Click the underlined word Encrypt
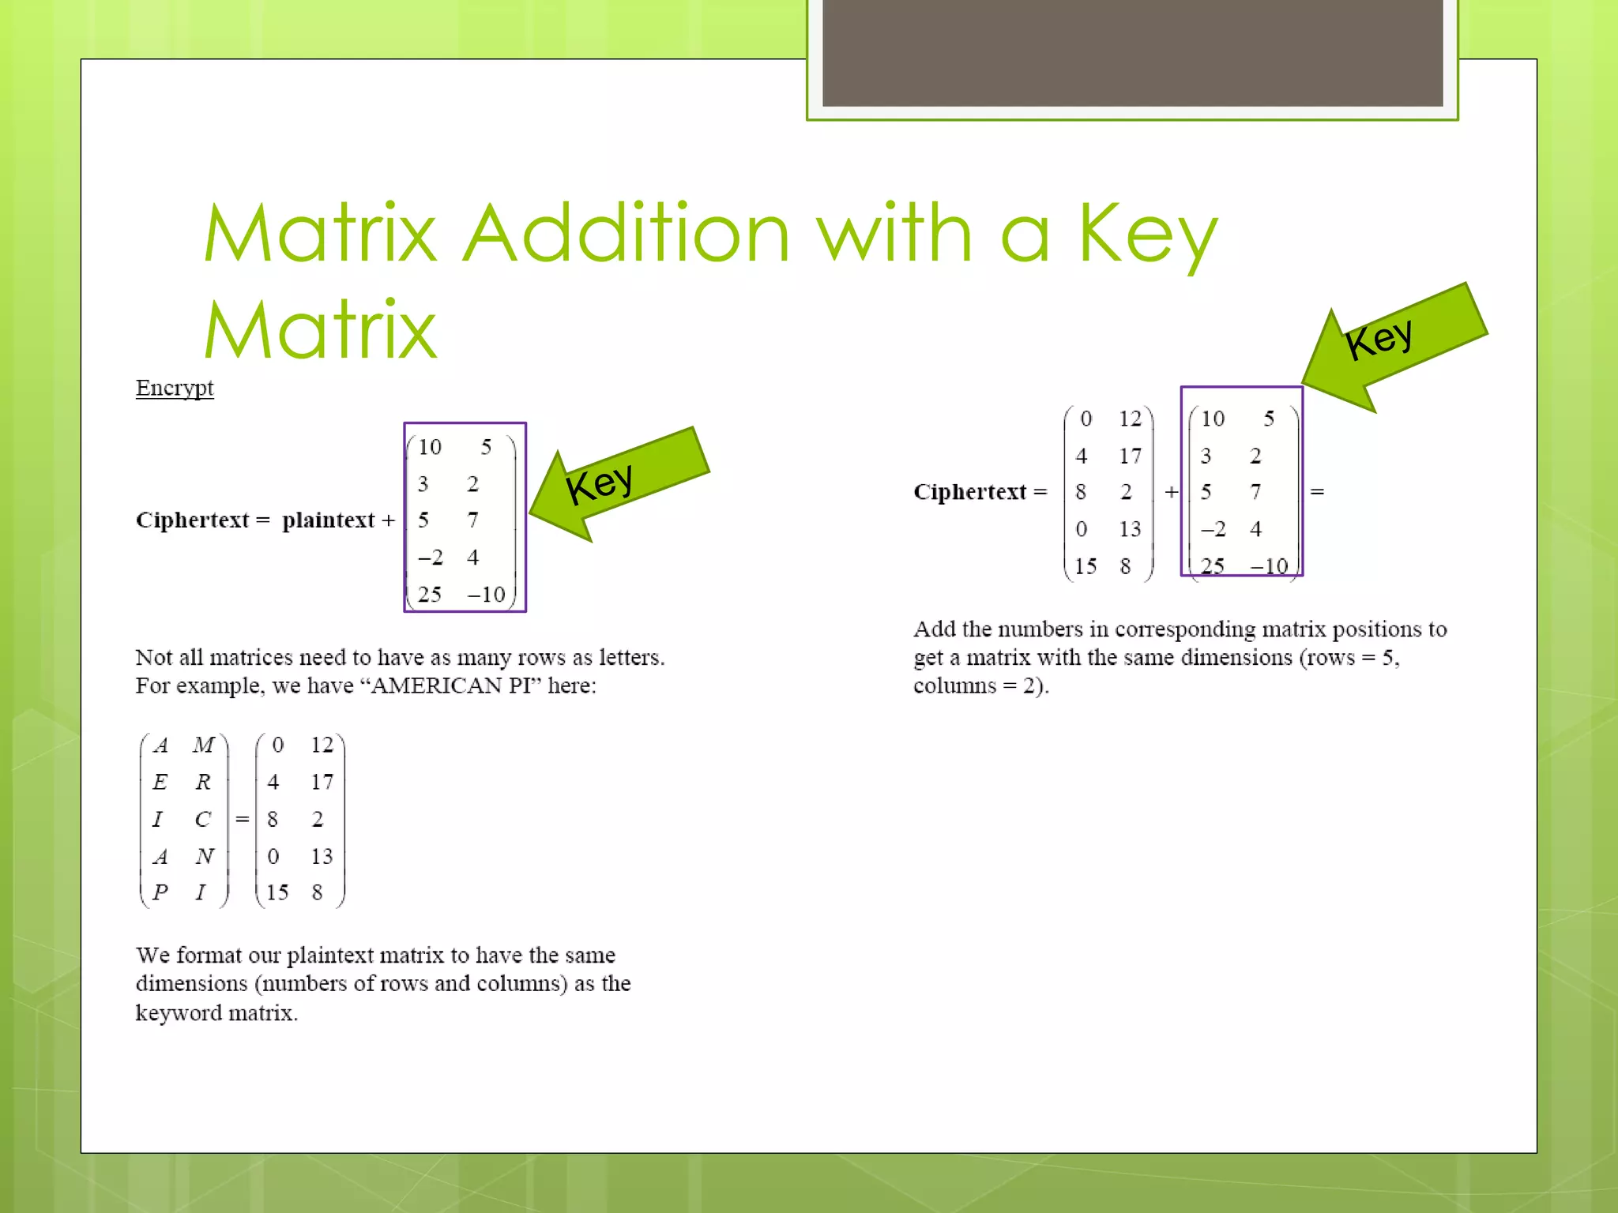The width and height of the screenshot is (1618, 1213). [x=175, y=388]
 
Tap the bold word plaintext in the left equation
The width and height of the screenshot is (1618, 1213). [x=328, y=520]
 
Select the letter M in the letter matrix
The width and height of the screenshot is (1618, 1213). [x=203, y=745]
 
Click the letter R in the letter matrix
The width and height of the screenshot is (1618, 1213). [x=203, y=782]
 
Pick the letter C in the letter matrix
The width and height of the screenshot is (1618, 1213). [x=203, y=819]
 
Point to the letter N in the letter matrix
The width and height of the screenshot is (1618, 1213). [x=205, y=856]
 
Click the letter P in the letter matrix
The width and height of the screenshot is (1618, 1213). [x=160, y=892]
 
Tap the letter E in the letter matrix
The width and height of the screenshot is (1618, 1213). [x=160, y=782]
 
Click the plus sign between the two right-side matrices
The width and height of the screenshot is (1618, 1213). [x=1171, y=492]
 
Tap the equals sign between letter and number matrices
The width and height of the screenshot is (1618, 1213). [x=242, y=819]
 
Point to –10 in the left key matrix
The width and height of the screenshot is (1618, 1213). [x=486, y=595]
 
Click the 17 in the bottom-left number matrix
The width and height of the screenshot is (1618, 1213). [x=322, y=782]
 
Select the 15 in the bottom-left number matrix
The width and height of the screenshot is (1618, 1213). [x=277, y=892]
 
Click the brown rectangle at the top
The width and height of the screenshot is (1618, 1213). [x=1132, y=51]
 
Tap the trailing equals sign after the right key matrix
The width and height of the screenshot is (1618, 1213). [x=1317, y=492]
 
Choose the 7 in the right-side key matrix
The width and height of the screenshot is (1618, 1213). [x=1255, y=492]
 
